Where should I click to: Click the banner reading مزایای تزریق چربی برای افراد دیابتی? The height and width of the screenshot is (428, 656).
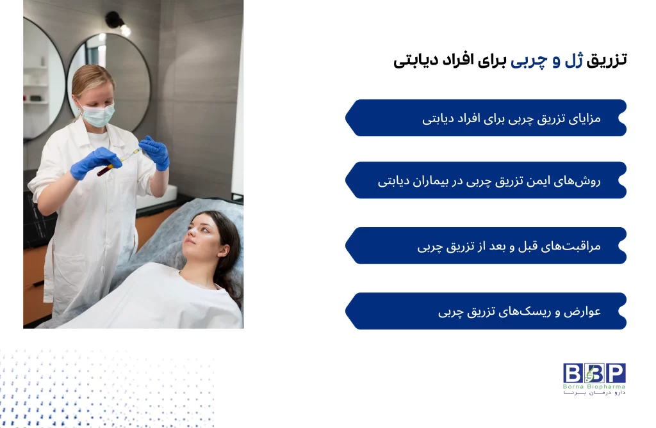tap(487, 118)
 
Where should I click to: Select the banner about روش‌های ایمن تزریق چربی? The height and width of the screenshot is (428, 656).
tap(487, 180)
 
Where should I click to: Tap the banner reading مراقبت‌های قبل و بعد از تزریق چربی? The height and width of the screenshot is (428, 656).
tap(487, 246)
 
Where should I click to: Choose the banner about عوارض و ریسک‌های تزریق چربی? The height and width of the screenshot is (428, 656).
tap(487, 312)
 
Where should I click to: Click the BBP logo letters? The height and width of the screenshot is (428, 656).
tap(594, 373)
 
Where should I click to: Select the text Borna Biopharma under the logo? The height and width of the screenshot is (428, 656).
tap(594, 386)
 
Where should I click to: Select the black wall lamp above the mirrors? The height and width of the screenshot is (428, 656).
tap(115, 21)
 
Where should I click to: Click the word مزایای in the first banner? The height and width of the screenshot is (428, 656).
tap(584, 118)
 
